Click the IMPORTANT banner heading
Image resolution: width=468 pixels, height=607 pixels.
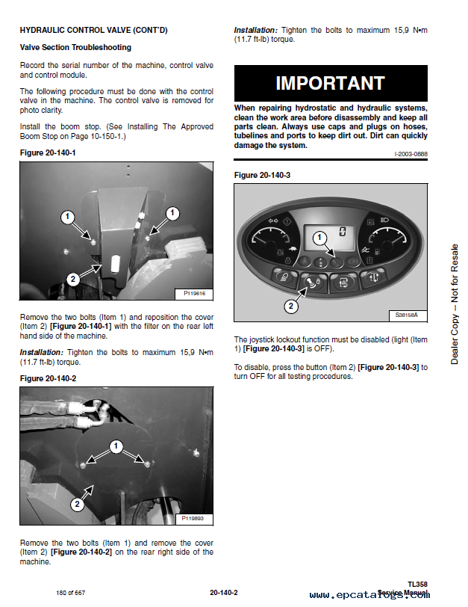point(330,83)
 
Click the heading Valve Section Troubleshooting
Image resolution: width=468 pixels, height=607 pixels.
point(75,47)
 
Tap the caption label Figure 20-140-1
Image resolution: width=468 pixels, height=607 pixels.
point(48,152)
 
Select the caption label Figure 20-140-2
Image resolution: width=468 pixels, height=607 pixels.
point(48,378)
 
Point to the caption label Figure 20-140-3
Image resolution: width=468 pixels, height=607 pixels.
point(262,175)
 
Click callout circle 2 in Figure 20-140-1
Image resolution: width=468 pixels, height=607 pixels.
point(72,279)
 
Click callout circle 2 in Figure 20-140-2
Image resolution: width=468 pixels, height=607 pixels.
point(76,505)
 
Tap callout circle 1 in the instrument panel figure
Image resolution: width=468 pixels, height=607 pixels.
point(319,238)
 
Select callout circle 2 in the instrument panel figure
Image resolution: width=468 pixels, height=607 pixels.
point(292,305)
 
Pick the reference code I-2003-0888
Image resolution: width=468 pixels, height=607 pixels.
point(411,153)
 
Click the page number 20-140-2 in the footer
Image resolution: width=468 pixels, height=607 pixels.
point(223,593)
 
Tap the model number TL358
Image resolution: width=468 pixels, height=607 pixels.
point(417,583)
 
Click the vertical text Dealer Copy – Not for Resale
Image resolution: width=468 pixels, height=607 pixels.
point(455,304)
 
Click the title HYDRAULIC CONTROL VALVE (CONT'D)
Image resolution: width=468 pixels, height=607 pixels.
point(93,30)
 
